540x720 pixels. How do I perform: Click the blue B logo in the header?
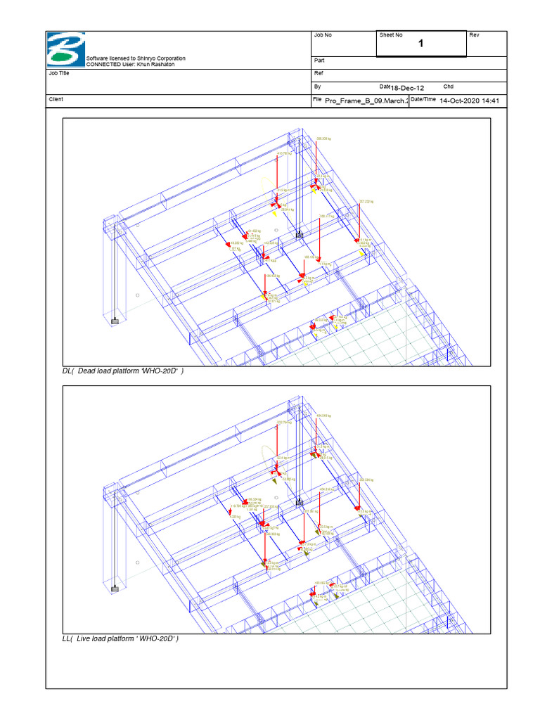tap(65, 50)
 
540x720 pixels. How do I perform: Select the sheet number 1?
tap(421, 44)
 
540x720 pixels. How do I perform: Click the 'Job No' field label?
tap(322, 35)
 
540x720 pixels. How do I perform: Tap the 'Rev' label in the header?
tap(474, 35)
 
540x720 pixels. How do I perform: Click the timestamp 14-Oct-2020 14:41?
tap(469, 101)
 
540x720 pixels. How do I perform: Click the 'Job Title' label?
tap(59, 73)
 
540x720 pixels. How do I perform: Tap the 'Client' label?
tap(56, 99)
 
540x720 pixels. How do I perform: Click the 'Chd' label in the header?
tap(448, 86)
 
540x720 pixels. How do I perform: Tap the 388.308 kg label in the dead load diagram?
tap(323, 139)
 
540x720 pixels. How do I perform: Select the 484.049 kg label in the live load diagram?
tap(323, 416)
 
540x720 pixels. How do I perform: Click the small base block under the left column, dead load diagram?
tap(115, 321)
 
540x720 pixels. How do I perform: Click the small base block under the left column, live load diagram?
tap(115, 589)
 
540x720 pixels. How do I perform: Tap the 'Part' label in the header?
tap(319, 61)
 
